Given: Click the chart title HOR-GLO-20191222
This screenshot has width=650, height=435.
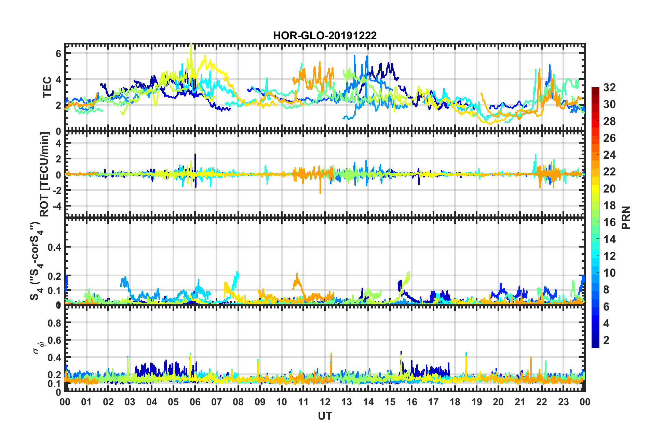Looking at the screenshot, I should (325, 36).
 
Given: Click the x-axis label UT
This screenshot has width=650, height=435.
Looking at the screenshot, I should (325, 416).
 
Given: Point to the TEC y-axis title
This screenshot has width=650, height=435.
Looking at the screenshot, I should (47, 87).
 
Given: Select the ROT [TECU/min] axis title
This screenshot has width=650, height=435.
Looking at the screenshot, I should (45, 174).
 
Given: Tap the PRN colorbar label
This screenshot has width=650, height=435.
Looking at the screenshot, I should (626, 217).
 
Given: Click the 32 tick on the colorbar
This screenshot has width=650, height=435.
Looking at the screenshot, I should (609, 88).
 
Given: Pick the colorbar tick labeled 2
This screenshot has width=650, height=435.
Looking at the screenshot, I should (606, 340).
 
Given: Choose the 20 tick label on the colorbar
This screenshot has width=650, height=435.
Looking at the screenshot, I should (609, 188).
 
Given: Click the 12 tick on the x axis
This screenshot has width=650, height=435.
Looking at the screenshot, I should (325, 402).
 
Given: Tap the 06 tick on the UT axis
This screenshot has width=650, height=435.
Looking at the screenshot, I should (195, 402).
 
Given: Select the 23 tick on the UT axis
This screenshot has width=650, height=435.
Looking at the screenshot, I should (563, 402).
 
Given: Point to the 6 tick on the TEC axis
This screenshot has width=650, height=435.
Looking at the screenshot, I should (58, 53).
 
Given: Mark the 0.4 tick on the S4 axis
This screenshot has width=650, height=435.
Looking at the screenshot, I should (54, 247).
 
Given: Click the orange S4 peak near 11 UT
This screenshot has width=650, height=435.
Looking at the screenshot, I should (297, 274).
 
